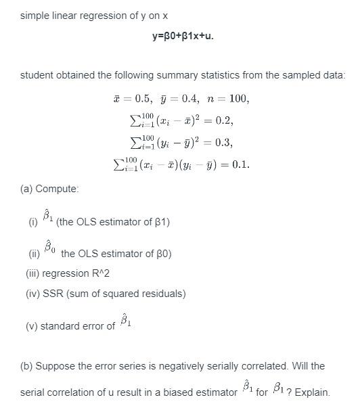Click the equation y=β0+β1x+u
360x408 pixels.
(183, 36)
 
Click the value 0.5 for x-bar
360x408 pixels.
(143, 99)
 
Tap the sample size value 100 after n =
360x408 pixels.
(239, 99)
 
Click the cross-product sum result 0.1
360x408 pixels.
(240, 164)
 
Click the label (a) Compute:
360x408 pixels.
(49, 189)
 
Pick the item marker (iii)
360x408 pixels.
(32, 274)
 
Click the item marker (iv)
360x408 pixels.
(33, 294)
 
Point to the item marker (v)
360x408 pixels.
(32, 326)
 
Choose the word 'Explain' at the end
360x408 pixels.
(312, 392)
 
